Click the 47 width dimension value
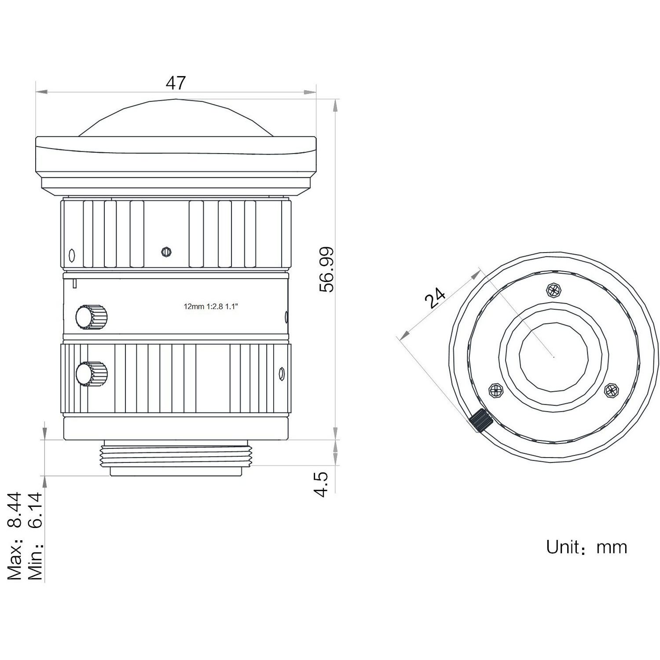click(176, 83)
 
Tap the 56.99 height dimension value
click(327, 270)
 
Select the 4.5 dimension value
click(322, 484)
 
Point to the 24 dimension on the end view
click(435, 298)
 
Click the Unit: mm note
click(586, 547)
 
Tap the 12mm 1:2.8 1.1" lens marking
click(211, 307)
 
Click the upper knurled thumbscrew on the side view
click(92, 316)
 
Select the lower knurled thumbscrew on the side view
click(92, 374)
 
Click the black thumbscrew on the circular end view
click(480, 420)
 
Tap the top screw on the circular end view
click(554, 290)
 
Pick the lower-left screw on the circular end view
click(496, 390)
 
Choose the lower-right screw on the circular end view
click(611, 390)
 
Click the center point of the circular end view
click(554, 357)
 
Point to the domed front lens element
click(176, 117)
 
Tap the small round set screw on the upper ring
click(166, 252)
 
